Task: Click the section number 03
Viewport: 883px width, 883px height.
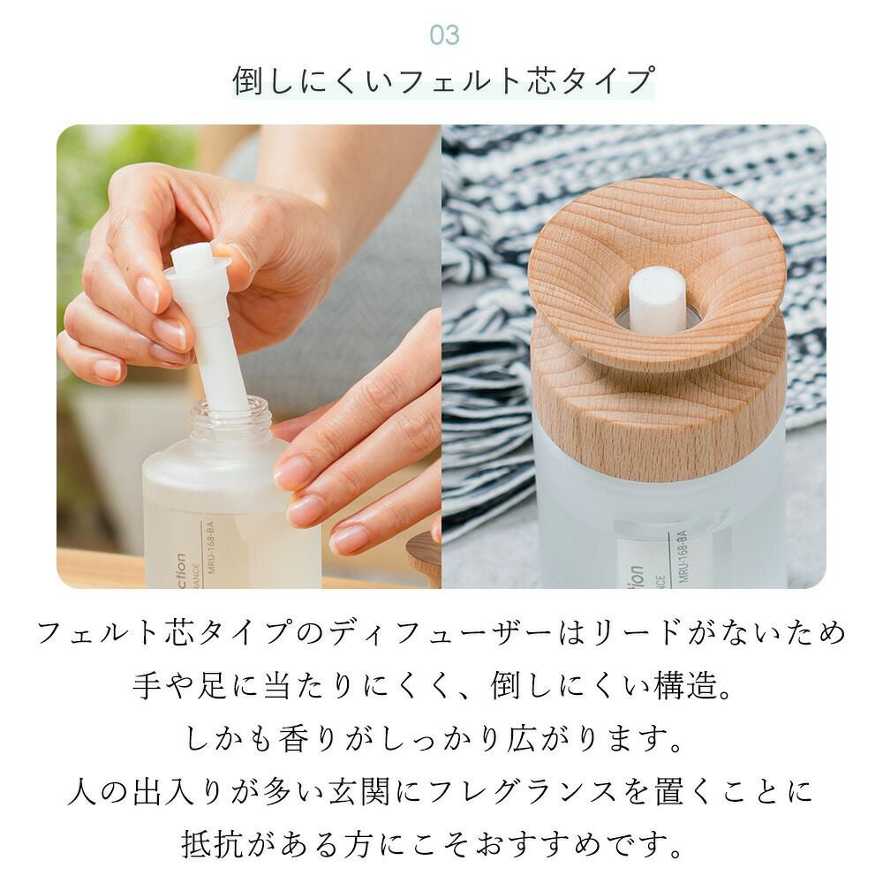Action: point(444,35)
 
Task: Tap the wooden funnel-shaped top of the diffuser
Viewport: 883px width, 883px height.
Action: point(656,272)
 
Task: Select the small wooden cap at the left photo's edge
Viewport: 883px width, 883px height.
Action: point(424,560)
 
